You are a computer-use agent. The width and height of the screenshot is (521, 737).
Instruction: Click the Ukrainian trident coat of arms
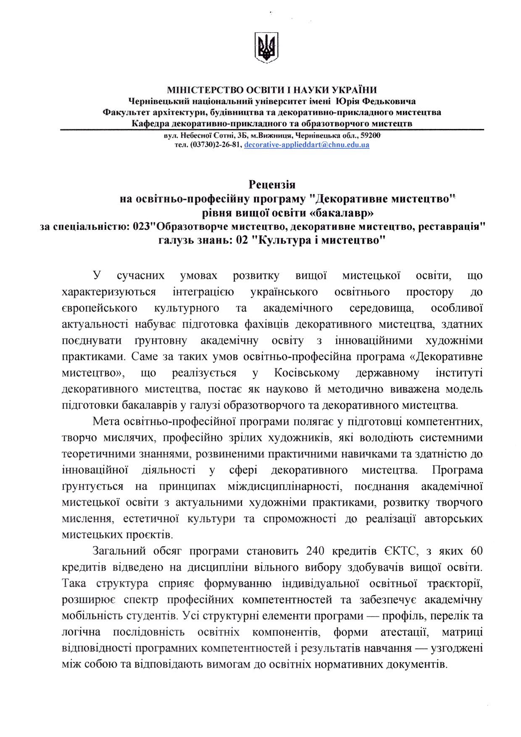point(266,47)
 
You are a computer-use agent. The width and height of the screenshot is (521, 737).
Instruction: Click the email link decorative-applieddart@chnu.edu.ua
point(306,145)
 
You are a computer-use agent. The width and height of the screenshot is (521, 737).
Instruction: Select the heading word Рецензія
point(272,184)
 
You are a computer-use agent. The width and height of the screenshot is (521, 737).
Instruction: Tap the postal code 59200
point(371,135)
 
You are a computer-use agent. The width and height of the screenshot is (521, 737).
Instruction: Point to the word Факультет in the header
point(127,113)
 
